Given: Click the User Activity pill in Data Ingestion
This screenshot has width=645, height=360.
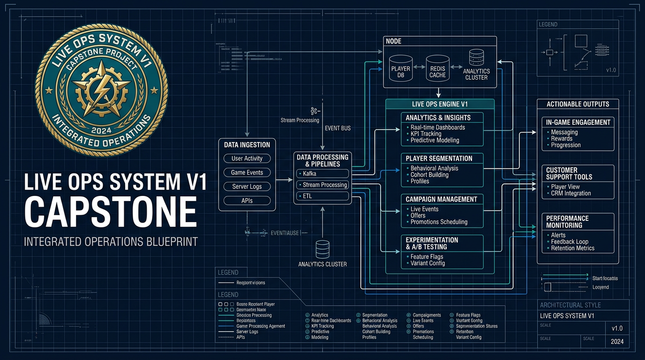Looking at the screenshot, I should point(247,158).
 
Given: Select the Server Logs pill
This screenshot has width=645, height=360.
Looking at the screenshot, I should point(247,187).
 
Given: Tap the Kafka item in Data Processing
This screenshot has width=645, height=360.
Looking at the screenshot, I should point(322,174).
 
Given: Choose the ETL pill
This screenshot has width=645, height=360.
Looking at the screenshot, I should point(322,196).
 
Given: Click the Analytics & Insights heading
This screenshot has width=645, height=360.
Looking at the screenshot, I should point(438,118).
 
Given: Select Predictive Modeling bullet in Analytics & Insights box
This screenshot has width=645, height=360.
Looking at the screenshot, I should point(435,140).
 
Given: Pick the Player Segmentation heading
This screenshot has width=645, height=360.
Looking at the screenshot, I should point(439,158).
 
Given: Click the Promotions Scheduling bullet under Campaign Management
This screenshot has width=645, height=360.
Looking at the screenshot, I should point(439,222).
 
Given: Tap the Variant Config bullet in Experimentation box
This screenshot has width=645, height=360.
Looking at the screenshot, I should point(427,263).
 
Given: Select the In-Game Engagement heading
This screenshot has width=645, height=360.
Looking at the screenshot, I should point(578,122).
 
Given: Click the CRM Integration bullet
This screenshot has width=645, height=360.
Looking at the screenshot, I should point(570,193).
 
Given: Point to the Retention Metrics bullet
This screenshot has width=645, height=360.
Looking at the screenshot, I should point(572,248).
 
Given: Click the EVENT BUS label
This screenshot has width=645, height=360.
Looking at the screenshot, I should point(337,128).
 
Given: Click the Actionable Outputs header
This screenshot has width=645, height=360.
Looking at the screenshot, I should point(578,104).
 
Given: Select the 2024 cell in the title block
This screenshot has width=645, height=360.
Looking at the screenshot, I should point(617,342).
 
